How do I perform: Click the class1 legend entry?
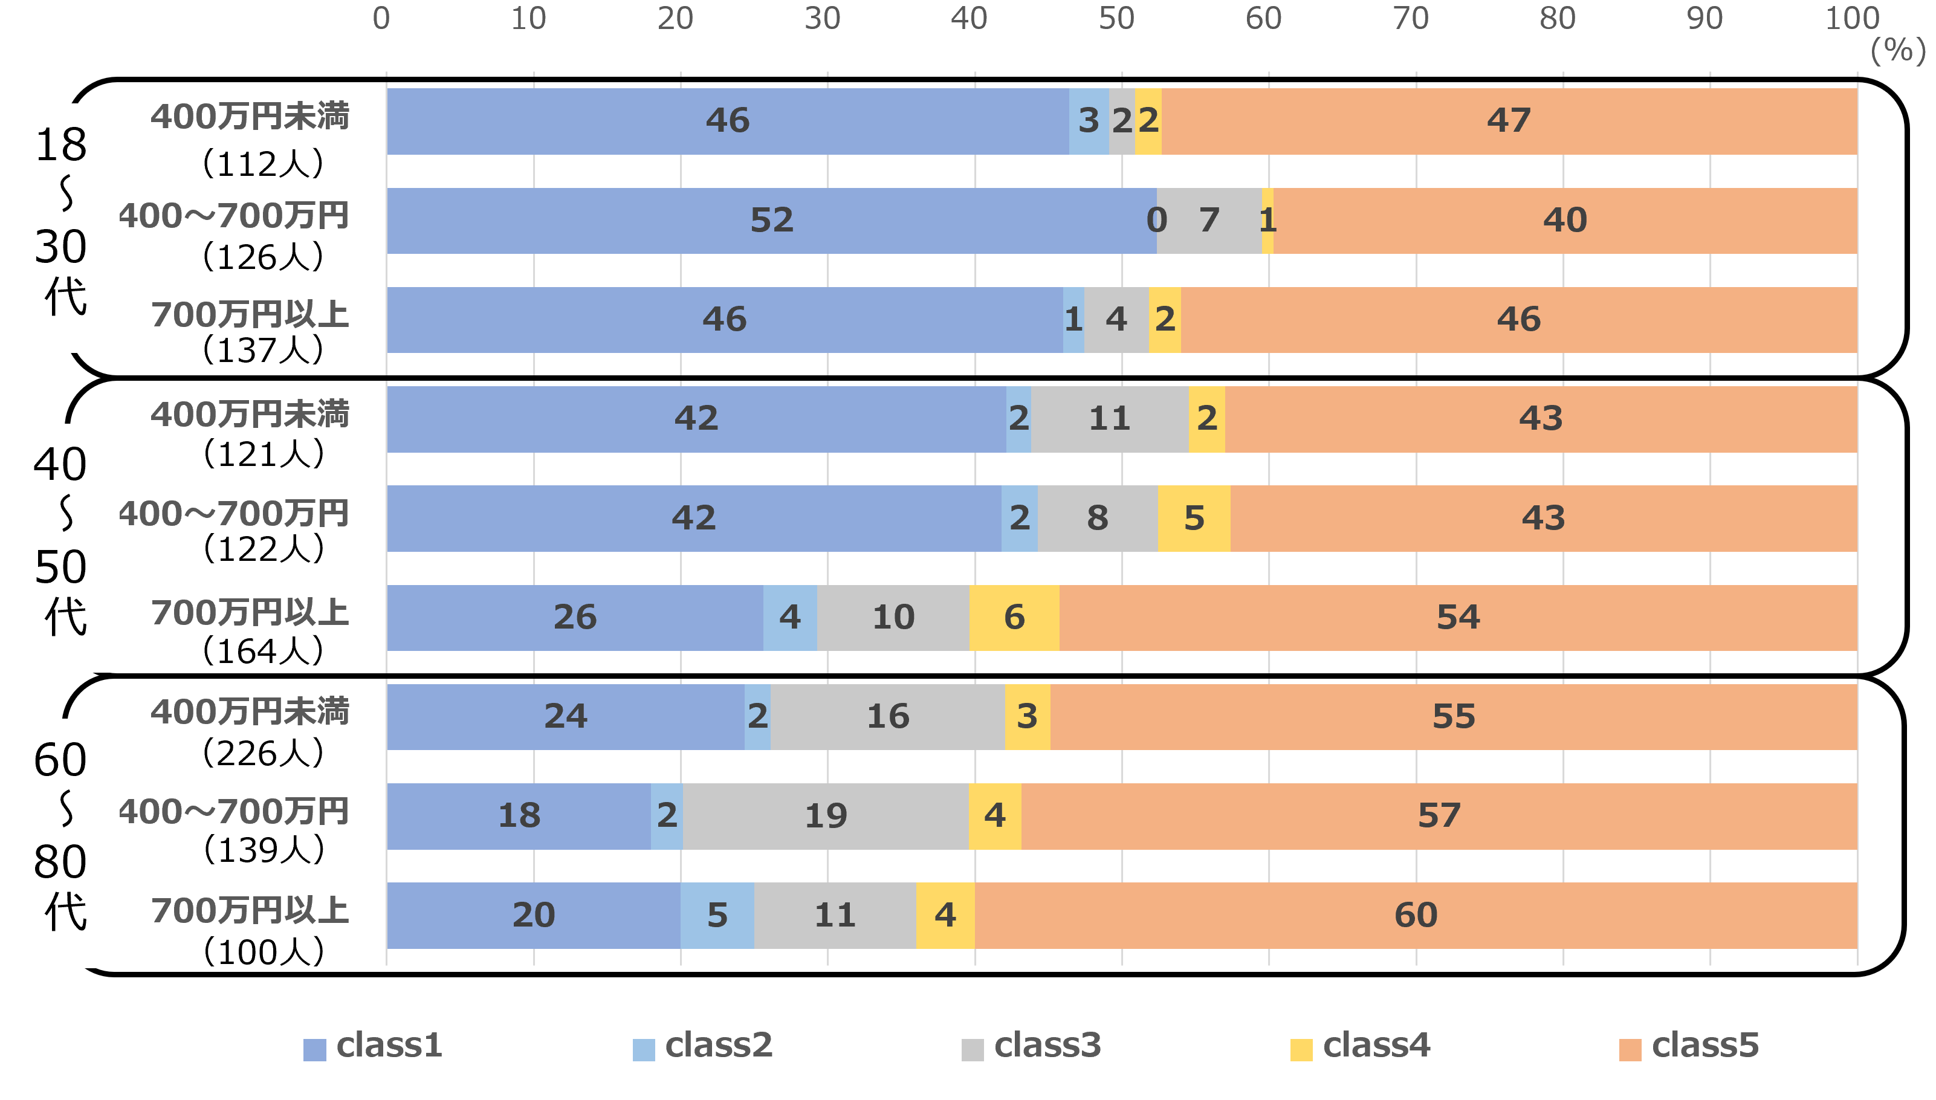click(372, 1047)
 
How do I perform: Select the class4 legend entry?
click(1359, 1047)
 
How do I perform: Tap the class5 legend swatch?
click(1630, 1049)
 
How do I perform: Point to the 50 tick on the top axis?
click(1116, 18)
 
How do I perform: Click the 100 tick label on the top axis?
click(1852, 18)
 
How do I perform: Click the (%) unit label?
click(1897, 51)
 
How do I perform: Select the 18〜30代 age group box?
click(66, 227)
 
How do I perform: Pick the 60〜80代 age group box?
click(66, 843)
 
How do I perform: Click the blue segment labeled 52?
click(771, 221)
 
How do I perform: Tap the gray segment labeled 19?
click(826, 816)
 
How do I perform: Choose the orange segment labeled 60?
click(1416, 915)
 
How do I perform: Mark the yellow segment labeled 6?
click(1014, 617)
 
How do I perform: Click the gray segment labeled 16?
click(887, 717)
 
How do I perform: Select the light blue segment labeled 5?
click(717, 915)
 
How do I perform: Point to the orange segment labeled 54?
click(1458, 617)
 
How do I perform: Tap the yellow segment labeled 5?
click(1194, 519)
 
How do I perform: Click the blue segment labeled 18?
click(519, 816)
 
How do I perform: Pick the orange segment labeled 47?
click(1509, 121)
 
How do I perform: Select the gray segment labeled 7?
click(1209, 221)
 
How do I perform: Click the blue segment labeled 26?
click(575, 617)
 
